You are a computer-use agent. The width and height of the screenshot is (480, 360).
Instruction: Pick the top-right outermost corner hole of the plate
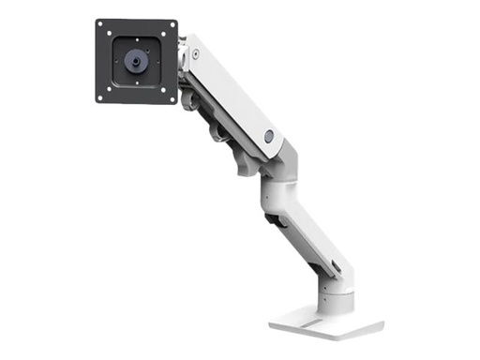[172, 25]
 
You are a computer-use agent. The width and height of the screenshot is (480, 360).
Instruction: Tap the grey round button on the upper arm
[268, 136]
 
